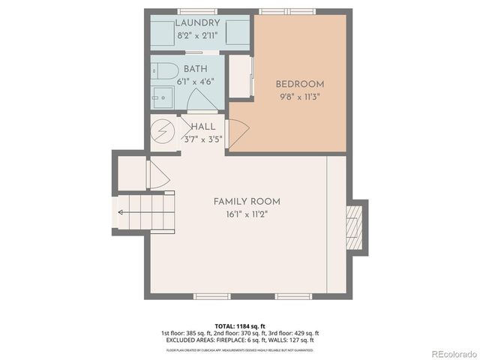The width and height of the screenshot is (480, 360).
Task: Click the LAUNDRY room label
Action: [x=198, y=23]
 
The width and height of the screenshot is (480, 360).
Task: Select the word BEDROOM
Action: [x=299, y=84]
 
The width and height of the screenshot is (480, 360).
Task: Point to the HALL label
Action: [x=203, y=127]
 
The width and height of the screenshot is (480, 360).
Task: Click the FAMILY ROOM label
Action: [x=247, y=201]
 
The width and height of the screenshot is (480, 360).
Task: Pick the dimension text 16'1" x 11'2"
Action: [x=247, y=214]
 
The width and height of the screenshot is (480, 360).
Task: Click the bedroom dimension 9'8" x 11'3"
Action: [x=299, y=97]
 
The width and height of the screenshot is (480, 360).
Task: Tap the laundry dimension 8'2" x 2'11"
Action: [x=198, y=36]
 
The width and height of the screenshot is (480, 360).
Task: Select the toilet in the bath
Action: [x=163, y=72]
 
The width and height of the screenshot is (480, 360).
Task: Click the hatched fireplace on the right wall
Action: [x=354, y=228]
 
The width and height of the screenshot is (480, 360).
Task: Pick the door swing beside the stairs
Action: [x=158, y=175]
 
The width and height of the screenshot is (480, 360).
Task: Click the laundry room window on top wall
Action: [x=197, y=10]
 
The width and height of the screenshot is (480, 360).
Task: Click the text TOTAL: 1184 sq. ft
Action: [x=239, y=325]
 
